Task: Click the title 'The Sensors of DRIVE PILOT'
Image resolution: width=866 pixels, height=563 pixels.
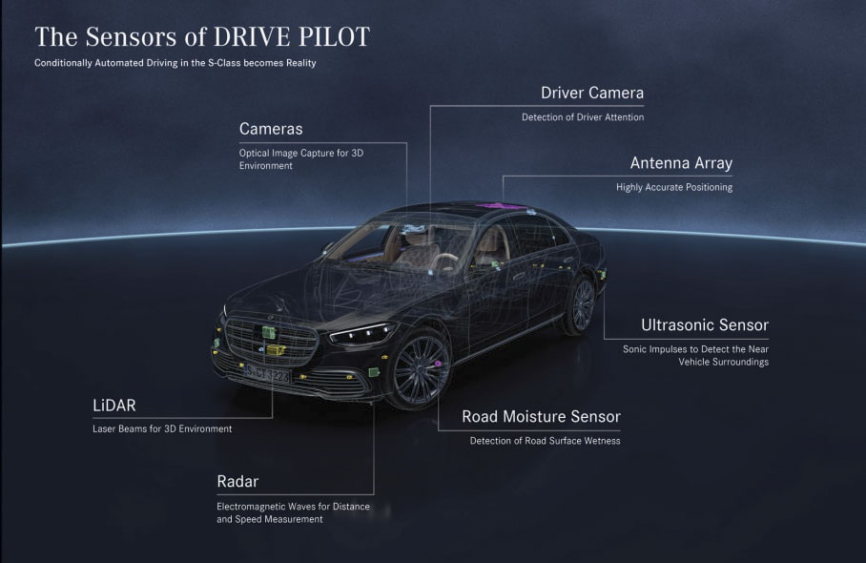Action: (x=202, y=37)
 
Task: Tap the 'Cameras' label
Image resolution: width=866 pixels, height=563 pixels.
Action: (x=271, y=129)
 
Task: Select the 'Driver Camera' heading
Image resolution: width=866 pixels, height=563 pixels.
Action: (x=592, y=93)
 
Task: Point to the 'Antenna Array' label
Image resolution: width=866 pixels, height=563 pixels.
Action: (x=681, y=163)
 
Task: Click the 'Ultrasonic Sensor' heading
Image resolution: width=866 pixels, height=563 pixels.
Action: (x=705, y=324)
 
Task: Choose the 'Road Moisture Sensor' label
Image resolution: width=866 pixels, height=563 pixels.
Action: (x=542, y=416)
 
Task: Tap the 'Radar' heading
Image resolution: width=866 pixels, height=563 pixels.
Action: (x=237, y=481)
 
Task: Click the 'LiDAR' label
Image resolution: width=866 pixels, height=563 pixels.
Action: (x=113, y=406)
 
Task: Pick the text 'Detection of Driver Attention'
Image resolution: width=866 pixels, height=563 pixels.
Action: (x=583, y=117)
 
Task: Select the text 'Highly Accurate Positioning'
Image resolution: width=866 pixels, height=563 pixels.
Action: (x=674, y=187)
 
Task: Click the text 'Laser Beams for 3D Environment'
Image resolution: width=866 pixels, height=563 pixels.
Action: (x=162, y=428)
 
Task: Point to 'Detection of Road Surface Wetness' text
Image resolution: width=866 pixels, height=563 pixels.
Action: (x=546, y=441)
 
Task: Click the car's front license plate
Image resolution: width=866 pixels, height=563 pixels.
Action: (x=267, y=375)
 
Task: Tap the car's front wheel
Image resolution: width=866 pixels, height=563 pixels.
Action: (x=420, y=369)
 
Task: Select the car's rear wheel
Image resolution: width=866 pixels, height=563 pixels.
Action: (x=579, y=304)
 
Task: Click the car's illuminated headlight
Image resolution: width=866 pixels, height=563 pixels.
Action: (x=362, y=333)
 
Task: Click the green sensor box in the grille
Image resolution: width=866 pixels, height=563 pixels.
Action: (x=268, y=332)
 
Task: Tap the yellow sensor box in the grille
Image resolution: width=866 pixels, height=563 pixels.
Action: (x=275, y=350)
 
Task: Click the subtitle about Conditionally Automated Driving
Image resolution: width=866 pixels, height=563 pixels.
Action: (x=175, y=63)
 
